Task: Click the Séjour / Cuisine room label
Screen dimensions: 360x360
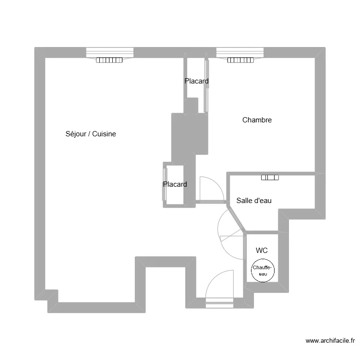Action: tap(91, 134)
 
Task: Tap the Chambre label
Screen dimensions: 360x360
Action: tap(257, 120)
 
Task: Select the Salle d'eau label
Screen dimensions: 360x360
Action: tap(254, 201)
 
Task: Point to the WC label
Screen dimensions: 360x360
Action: tap(262, 250)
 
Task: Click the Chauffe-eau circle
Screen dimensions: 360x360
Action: tap(263, 259)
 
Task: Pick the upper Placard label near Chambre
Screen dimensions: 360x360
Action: tap(196, 81)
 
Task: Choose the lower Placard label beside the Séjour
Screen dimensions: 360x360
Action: tap(175, 184)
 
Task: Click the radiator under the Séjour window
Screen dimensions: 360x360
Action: tap(109, 60)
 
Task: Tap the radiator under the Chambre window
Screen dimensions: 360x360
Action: tap(240, 60)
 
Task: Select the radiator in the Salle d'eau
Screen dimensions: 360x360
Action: tap(270, 178)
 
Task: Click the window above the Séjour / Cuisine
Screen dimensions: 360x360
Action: tap(110, 53)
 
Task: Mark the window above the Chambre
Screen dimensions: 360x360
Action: tap(240, 53)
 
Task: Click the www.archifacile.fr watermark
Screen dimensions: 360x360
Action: tap(330, 341)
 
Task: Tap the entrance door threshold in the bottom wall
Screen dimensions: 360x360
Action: tap(219, 303)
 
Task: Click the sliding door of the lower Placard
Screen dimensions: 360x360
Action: tap(165, 184)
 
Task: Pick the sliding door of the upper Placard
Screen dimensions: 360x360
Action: tap(206, 86)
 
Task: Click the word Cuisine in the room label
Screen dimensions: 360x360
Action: tap(104, 134)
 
